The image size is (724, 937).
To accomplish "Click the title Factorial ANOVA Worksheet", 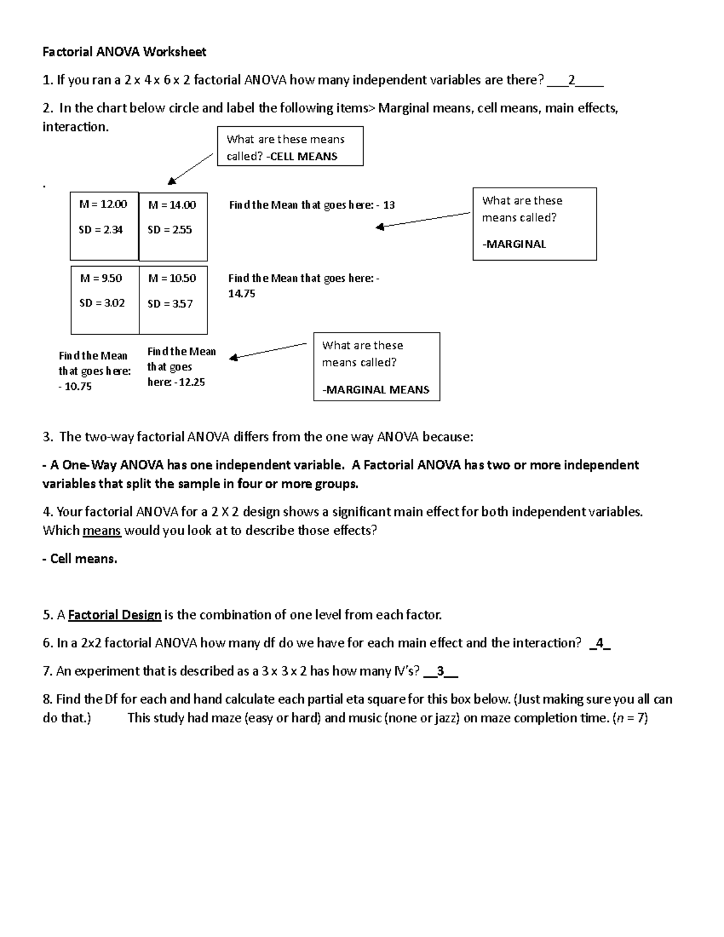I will coord(124,52).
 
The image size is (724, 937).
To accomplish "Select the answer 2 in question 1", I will coord(571,80).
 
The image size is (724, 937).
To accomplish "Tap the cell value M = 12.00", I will coord(103,205).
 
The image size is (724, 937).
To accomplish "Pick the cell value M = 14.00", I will coord(172,205).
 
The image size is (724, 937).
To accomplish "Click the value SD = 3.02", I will coord(102,303).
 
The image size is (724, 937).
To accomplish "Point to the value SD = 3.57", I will coord(170,304).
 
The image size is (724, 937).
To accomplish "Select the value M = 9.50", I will coord(101,278).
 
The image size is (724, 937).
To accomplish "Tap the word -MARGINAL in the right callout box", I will coord(514,244).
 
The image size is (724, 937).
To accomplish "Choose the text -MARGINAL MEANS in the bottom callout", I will coord(376,390).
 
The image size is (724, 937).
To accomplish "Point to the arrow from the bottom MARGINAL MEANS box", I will coord(268,351).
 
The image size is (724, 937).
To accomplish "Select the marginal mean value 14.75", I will coord(242,294).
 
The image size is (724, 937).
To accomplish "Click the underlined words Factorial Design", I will coord(115,615).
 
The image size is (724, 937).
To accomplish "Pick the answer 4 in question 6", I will coord(599,643).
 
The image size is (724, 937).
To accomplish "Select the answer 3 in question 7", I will coord(440,672).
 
